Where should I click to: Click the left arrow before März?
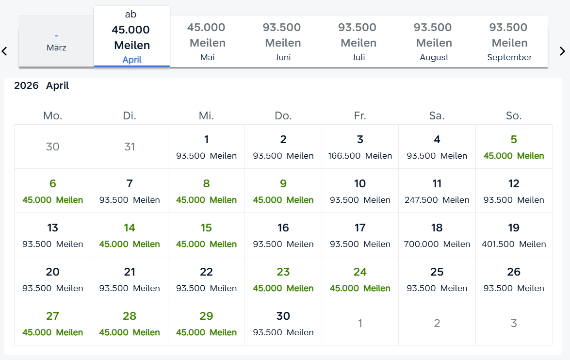click(x=4, y=50)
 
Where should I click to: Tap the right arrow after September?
click(x=562, y=50)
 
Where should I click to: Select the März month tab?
click(x=56, y=42)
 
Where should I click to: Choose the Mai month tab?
click(x=207, y=42)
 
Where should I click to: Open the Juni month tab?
click(x=283, y=42)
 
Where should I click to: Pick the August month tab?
click(x=434, y=42)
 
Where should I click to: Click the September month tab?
click(x=509, y=42)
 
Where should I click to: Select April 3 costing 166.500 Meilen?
click(x=360, y=147)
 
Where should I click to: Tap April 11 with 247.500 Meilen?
click(x=437, y=191)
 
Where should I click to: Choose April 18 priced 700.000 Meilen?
click(x=437, y=235)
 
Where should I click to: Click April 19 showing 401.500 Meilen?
click(x=514, y=235)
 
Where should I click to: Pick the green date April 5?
click(x=514, y=147)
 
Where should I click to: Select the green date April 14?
click(x=130, y=235)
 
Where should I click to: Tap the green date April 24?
click(x=360, y=279)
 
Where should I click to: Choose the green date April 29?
click(x=206, y=323)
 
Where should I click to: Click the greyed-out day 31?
click(x=130, y=147)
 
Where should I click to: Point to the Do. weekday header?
click(x=283, y=116)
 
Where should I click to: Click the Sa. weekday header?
click(x=437, y=116)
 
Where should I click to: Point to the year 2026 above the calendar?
click(x=26, y=86)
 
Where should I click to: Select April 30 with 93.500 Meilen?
click(x=283, y=323)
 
